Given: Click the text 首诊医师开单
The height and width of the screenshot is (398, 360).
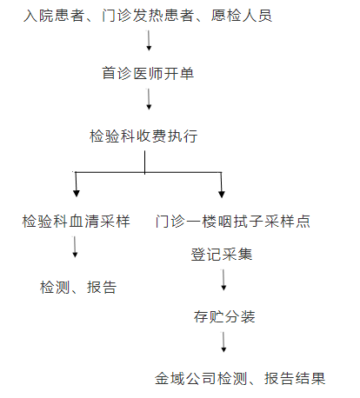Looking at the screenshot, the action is click(148, 73).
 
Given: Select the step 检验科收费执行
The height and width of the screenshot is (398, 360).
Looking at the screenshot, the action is click(143, 136).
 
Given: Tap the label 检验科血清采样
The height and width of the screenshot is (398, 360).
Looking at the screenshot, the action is click(76, 222).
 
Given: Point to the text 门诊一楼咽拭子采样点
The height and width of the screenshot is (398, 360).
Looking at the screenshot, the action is click(232, 222).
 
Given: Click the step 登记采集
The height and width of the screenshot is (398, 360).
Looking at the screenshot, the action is click(222, 255).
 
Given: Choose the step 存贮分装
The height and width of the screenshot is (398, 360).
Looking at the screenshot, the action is click(224, 316).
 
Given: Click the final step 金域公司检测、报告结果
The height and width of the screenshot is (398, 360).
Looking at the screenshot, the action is click(240, 379).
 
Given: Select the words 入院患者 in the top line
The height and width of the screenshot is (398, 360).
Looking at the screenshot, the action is click(54, 16).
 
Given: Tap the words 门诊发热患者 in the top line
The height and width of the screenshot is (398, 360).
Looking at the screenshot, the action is click(148, 16).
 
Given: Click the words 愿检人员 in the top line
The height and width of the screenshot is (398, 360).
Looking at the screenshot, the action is click(241, 16).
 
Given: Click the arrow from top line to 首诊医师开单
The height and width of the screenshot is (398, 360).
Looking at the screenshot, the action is click(149, 41).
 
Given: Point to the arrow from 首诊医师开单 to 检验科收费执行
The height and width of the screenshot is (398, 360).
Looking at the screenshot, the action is click(149, 99).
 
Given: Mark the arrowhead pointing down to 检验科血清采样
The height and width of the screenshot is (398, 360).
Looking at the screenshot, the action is click(77, 194).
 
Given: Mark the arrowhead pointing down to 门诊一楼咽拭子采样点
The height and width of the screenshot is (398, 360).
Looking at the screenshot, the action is click(222, 195).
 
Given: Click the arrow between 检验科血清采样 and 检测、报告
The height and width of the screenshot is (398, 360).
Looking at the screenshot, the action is click(75, 247).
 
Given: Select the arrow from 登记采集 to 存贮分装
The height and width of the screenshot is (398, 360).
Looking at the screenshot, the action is click(223, 280).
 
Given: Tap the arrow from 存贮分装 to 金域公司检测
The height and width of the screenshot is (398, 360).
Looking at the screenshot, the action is click(223, 342).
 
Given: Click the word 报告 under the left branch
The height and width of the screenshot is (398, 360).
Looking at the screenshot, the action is click(102, 288).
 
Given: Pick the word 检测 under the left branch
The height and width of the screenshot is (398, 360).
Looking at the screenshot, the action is click(55, 288).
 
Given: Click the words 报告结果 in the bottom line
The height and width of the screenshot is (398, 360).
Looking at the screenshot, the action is click(295, 379).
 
